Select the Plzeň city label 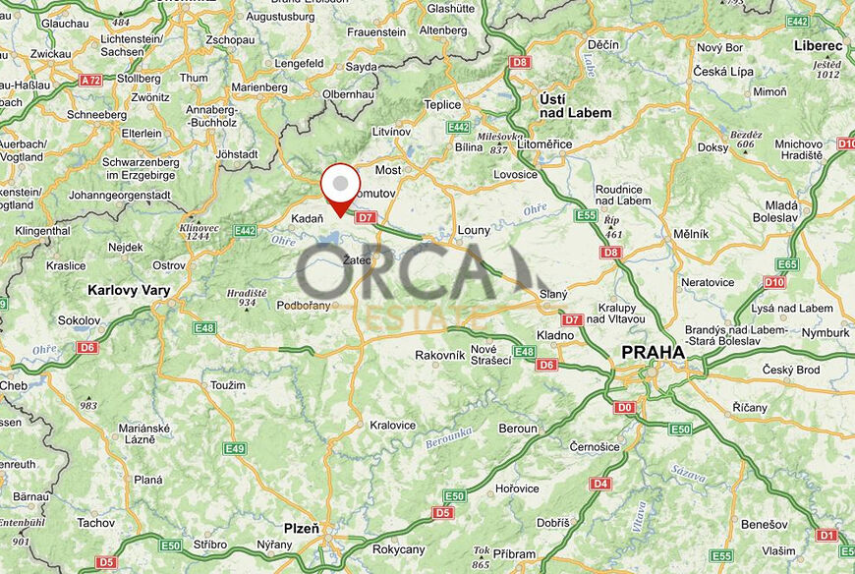tap(302, 528)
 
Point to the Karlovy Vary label tap(129, 290)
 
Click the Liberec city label tap(820, 46)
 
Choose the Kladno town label tap(554, 335)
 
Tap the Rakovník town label tap(439, 354)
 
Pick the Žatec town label tap(357, 261)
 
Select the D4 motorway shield tap(600, 484)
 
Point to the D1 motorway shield tap(826, 536)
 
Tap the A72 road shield tap(91, 80)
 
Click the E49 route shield tap(234, 448)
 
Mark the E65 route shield tap(786, 264)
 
